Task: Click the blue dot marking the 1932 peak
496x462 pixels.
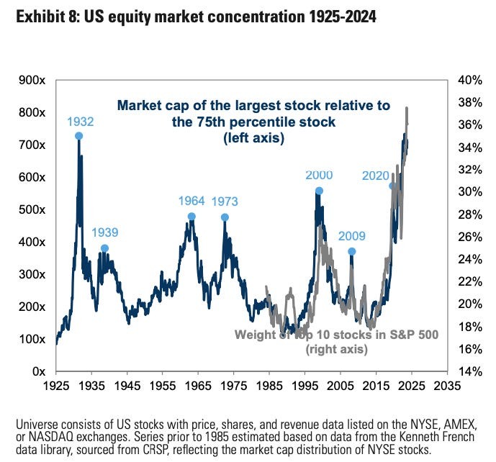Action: (x=78, y=135)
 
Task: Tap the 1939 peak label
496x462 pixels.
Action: (x=105, y=232)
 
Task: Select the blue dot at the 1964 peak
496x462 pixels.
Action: (x=191, y=217)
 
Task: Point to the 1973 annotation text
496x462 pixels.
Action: (x=225, y=201)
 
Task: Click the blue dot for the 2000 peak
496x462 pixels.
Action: (x=319, y=191)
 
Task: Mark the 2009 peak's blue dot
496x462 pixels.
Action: (x=352, y=251)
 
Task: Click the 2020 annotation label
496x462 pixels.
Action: (x=375, y=175)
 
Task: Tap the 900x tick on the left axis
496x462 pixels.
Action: (x=32, y=80)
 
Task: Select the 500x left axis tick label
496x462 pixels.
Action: (x=32, y=209)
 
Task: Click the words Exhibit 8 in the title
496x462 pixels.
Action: (x=37, y=15)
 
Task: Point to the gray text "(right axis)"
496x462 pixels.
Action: (x=337, y=349)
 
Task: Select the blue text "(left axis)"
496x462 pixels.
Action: (x=253, y=137)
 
